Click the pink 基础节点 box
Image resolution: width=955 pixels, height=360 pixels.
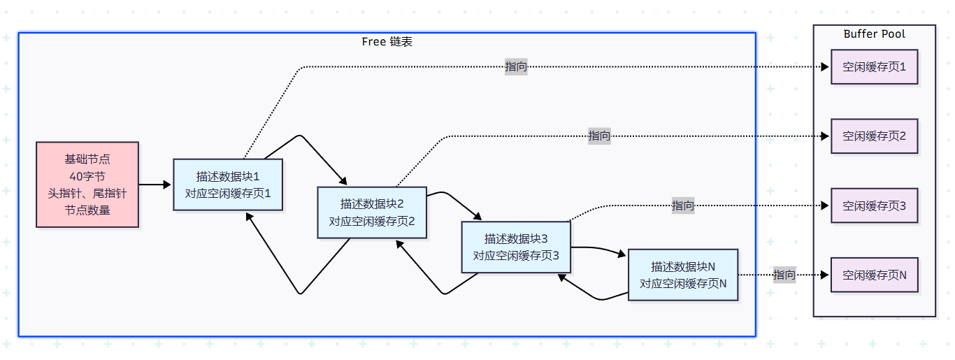(x=87, y=185)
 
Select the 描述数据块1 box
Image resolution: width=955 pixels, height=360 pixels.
(x=228, y=185)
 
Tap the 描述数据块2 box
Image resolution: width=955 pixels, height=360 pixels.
(x=372, y=213)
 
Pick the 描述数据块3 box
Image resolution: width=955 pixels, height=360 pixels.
(x=516, y=247)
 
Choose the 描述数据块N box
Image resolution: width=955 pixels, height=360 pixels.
(x=682, y=275)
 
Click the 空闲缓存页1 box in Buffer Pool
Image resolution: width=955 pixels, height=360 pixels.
(x=874, y=67)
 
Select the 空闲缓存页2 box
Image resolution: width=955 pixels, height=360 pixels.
(x=874, y=136)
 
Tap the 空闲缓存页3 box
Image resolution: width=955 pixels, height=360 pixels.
(x=874, y=206)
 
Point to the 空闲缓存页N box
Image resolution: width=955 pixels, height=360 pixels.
(x=874, y=275)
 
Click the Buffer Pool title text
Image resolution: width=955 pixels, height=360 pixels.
(x=874, y=34)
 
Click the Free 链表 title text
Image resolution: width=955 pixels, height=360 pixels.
(x=387, y=41)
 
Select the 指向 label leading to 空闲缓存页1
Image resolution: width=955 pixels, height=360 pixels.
(x=516, y=67)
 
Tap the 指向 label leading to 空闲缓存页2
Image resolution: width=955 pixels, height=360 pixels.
(x=599, y=136)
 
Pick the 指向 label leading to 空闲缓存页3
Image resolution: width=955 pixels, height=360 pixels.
(x=683, y=206)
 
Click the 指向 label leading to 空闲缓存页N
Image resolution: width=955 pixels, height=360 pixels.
(x=784, y=275)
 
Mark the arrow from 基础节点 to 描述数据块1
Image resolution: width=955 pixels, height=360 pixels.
(x=155, y=185)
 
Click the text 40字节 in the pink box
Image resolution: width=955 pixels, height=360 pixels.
(x=87, y=176)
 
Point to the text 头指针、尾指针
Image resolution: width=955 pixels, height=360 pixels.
(x=87, y=193)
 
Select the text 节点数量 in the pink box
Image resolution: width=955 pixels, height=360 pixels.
(x=87, y=210)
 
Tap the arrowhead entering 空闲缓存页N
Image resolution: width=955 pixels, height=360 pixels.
(x=826, y=275)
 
